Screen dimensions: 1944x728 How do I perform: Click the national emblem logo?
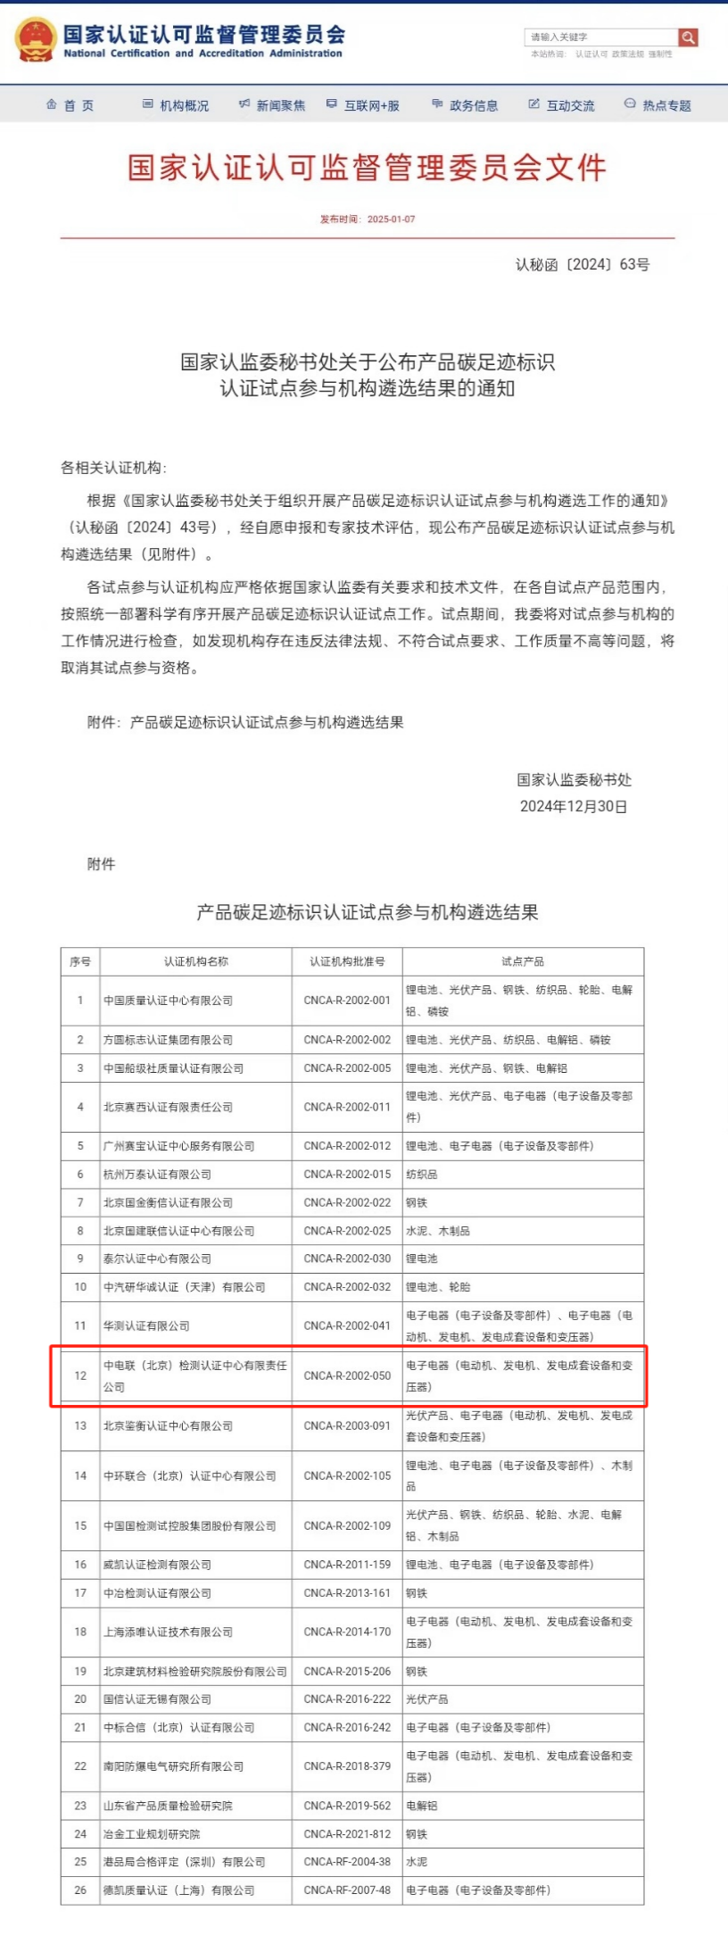(x=37, y=40)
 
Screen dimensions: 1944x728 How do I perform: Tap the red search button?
(x=687, y=37)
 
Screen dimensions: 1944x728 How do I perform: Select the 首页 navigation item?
(x=70, y=105)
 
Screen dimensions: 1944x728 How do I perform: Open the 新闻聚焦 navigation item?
(x=272, y=105)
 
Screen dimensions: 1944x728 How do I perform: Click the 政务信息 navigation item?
(x=465, y=105)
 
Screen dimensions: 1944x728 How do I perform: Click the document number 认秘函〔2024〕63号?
(x=582, y=264)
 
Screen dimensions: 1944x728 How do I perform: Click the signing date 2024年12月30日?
(x=574, y=806)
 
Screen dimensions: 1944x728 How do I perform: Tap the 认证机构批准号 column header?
(x=347, y=961)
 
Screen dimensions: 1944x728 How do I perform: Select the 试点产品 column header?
(x=523, y=961)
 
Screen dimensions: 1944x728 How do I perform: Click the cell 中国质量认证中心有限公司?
(x=168, y=1001)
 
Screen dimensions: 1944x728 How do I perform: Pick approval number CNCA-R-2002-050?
(x=347, y=1375)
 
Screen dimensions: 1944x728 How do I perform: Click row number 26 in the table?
(x=80, y=1890)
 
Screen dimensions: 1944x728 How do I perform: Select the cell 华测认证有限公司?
(x=146, y=1325)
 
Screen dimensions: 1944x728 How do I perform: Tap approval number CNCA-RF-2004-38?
(x=347, y=1862)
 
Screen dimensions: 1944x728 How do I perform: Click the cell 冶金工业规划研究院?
(x=152, y=1833)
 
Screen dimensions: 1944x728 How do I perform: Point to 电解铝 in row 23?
(x=422, y=1806)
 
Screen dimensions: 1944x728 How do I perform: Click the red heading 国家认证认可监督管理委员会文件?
(x=367, y=168)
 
